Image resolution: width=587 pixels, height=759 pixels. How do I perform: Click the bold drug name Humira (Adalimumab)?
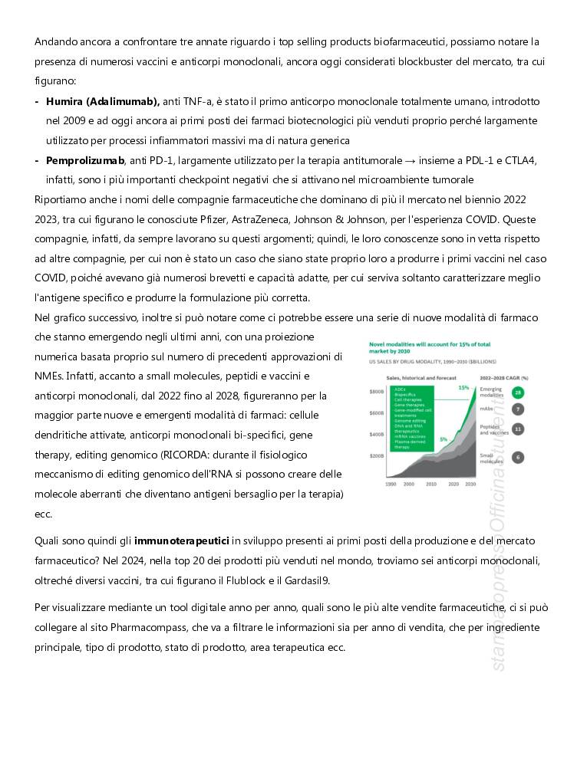pos(103,101)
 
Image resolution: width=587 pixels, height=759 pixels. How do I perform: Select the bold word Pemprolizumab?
pos(85,160)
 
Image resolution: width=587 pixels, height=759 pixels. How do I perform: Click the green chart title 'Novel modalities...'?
pos(430,349)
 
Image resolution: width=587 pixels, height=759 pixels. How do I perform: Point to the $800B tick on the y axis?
pos(376,393)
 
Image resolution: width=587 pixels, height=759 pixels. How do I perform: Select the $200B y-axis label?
pos(376,456)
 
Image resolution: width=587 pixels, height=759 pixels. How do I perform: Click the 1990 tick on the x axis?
pos(390,485)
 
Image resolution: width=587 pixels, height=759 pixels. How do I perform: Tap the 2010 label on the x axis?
pos(430,485)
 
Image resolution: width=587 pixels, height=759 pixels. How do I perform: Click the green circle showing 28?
pos(518,393)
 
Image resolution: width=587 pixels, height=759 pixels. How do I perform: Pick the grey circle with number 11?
pos(518,429)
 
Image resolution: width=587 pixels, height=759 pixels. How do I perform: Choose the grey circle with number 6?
pos(518,457)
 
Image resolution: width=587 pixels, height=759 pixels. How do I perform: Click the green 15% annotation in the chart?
pos(463,388)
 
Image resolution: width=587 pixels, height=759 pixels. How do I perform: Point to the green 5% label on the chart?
pos(444,439)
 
